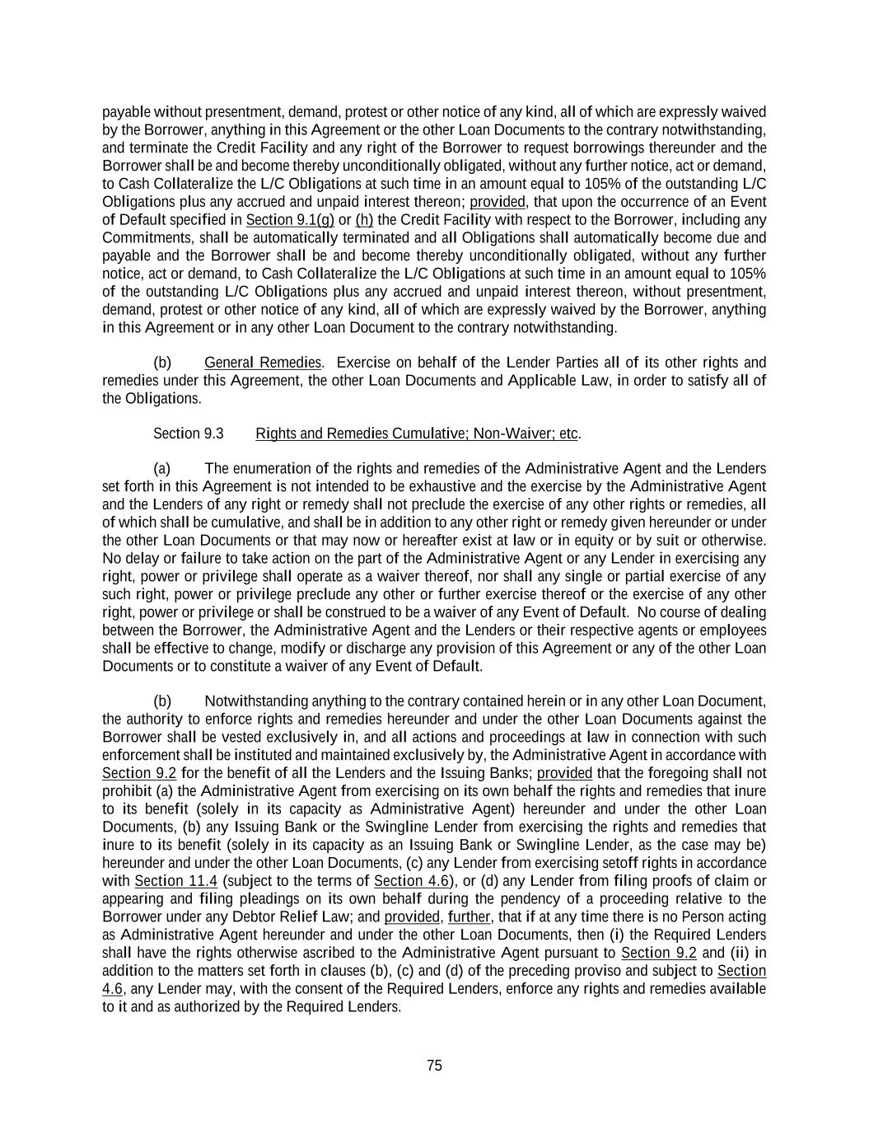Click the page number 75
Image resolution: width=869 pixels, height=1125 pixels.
434,1066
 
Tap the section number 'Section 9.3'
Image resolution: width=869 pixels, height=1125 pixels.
188,434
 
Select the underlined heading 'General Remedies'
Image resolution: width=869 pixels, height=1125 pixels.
262,363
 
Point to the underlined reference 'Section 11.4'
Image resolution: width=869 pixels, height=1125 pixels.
175,881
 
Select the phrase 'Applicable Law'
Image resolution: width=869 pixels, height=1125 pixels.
557,381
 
